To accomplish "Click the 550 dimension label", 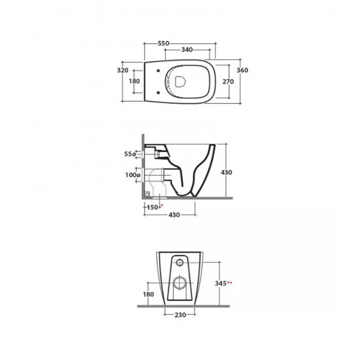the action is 163,43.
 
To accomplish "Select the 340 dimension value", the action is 186,50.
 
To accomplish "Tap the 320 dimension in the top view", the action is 122,71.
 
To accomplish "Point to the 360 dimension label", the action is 243,71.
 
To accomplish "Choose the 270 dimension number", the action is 228,81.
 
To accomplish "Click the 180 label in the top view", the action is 134,81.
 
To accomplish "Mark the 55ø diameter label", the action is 130,154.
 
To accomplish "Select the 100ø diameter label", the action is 132,175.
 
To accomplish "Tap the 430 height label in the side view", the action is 226,172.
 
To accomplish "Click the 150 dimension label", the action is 153,207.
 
